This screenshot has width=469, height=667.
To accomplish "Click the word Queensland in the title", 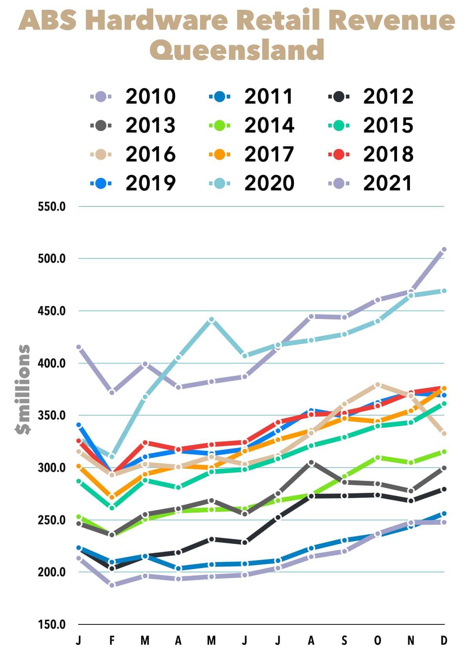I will tap(237, 50).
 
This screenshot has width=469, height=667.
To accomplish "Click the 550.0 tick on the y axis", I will tap(52, 206).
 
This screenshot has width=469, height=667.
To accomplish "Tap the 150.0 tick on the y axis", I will tap(52, 624).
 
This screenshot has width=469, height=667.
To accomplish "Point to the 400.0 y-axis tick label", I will tap(52, 363).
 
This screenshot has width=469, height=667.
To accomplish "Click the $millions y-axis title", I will tap(23, 389).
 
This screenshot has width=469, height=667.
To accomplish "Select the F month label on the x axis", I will tap(112, 640).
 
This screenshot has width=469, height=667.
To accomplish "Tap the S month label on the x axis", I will tap(344, 640).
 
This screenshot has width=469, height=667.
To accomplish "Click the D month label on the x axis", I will tap(444, 640).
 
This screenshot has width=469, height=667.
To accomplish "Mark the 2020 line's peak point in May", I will tap(211, 320).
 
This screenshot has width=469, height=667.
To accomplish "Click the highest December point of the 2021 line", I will tap(444, 249).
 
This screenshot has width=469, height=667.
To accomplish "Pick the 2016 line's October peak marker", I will tap(378, 385).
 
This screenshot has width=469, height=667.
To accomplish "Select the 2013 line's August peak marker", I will tap(311, 463).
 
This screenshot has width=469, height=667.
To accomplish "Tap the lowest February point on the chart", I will tap(112, 585).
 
